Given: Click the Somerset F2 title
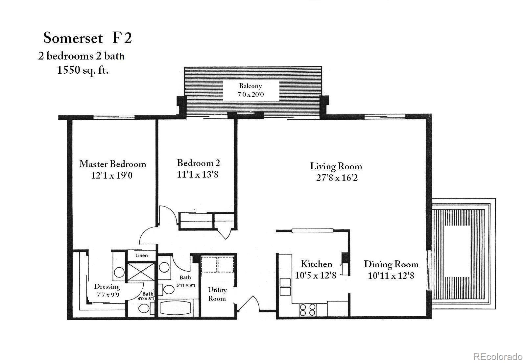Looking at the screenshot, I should pyautogui.click(x=87, y=38).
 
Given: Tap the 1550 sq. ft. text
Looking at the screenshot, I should pyautogui.click(x=83, y=70).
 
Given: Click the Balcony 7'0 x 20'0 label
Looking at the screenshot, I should pyautogui.click(x=251, y=90).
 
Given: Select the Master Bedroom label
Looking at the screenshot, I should pyautogui.click(x=112, y=164).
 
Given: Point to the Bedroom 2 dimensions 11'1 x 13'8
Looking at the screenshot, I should pyautogui.click(x=198, y=174).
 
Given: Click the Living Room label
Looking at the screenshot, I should pyautogui.click(x=336, y=166).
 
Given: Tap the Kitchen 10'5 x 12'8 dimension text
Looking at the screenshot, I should pyautogui.click(x=316, y=275).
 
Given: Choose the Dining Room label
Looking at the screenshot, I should pyautogui.click(x=391, y=264).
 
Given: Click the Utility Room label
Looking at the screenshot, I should pyautogui.click(x=217, y=294).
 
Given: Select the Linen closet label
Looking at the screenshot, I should pyautogui.click(x=141, y=255).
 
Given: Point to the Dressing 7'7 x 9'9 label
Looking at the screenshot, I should pyautogui.click(x=108, y=291).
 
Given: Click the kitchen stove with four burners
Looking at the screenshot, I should pyautogui.click(x=308, y=310).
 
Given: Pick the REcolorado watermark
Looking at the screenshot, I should pyautogui.click(x=497, y=356).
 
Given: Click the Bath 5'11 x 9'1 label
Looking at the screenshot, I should pyautogui.click(x=185, y=281).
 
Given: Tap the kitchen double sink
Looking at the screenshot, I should pyautogui.click(x=285, y=286).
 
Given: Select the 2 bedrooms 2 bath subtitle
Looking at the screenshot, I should pyautogui.click(x=81, y=56).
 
